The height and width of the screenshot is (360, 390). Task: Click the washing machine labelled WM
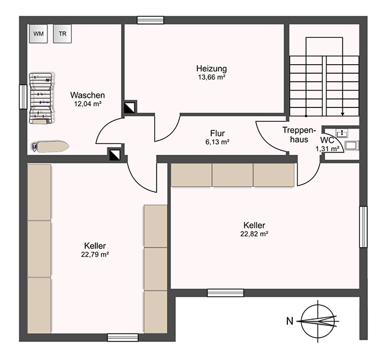click(38, 34)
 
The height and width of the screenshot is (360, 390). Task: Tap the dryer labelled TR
click(62, 34)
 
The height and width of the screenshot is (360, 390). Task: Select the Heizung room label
click(211, 68)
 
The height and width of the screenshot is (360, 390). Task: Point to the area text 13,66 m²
click(212, 77)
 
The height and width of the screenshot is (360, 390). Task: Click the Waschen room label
click(88, 95)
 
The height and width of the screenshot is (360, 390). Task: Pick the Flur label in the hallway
click(217, 133)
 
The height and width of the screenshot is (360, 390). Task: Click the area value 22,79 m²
click(95, 254)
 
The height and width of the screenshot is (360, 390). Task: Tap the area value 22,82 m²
click(254, 234)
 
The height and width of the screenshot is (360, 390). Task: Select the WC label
click(328, 140)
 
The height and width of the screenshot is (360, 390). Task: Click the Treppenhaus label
click(299, 134)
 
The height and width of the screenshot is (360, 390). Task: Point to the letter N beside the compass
click(290, 321)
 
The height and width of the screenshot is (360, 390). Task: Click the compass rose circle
click(317, 322)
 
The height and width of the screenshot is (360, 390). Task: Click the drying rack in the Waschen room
click(41, 98)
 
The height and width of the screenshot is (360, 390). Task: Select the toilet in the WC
click(352, 145)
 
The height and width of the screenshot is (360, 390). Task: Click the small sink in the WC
click(342, 133)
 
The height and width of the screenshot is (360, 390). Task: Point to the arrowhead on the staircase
click(343, 114)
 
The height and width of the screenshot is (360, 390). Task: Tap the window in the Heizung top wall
click(151, 20)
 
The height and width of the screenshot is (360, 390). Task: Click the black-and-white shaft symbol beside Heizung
click(130, 107)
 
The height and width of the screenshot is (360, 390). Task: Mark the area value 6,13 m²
click(217, 142)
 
